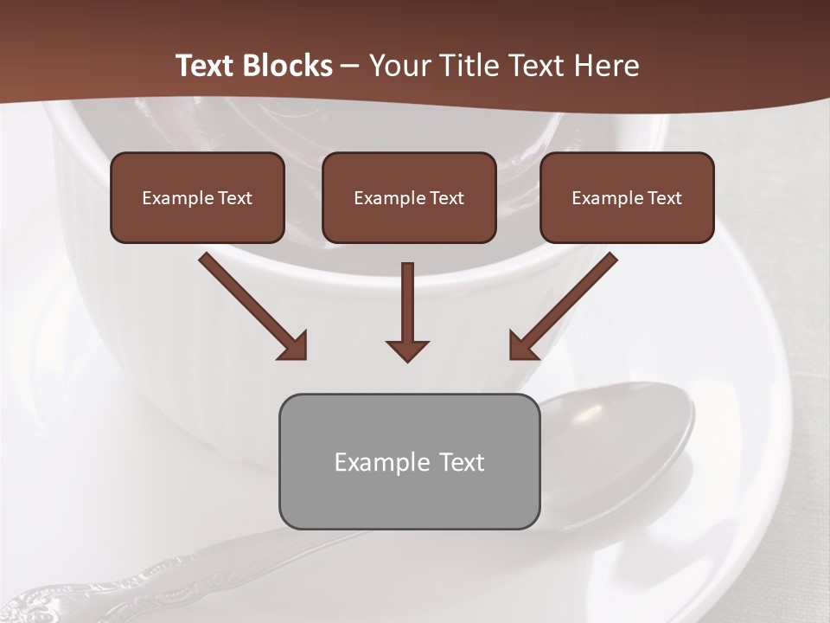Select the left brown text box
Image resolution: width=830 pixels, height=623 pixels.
click(x=197, y=197)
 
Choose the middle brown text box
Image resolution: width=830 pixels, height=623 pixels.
click(x=409, y=197)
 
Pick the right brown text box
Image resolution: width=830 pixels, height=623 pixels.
click(x=627, y=197)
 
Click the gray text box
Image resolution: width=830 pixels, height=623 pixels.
click(x=409, y=461)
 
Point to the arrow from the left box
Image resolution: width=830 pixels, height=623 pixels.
click(x=252, y=305)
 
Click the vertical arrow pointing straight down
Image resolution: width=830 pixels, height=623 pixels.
click(x=407, y=311)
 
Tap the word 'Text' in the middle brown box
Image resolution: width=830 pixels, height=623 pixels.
click(x=445, y=198)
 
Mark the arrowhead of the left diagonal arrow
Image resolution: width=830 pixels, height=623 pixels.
click(x=294, y=346)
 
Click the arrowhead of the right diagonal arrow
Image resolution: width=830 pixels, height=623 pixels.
click(x=521, y=346)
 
